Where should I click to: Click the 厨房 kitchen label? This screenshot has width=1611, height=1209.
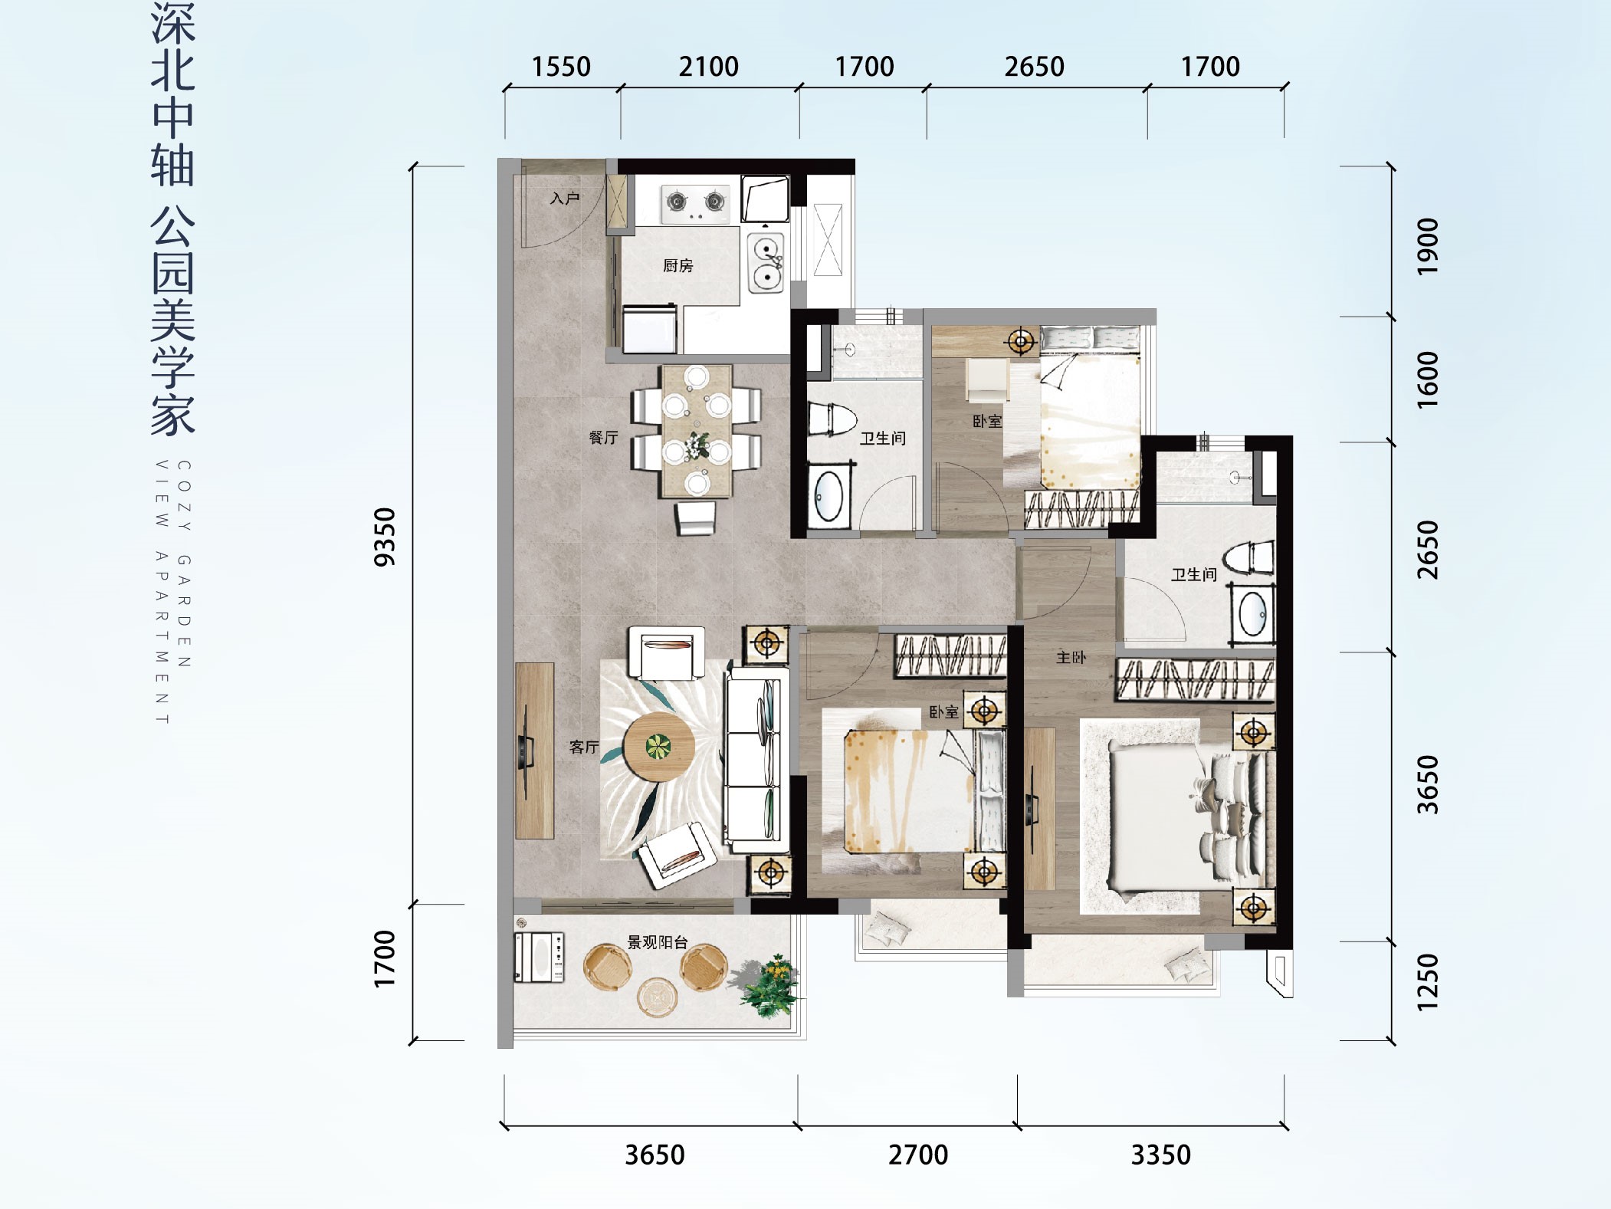(x=678, y=265)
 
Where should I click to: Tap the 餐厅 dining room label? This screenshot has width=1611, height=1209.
(x=603, y=437)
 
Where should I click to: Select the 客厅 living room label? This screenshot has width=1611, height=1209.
(x=584, y=747)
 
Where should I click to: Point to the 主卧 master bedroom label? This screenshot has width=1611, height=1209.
(x=1071, y=657)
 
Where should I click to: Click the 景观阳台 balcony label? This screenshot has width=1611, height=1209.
(x=658, y=942)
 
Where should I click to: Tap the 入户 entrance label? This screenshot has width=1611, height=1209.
(x=565, y=199)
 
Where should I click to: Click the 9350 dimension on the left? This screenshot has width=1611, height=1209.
(x=385, y=537)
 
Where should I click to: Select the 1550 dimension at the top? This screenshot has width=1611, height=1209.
(x=561, y=67)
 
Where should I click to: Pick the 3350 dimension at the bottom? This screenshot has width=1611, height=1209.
(x=1160, y=1155)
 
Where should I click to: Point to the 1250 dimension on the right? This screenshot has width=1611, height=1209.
(x=1428, y=982)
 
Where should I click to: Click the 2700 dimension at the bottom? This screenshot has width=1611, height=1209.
(x=918, y=1155)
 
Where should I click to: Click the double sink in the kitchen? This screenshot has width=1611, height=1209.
(x=766, y=261)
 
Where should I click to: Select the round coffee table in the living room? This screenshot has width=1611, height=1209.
(x=658, y=747)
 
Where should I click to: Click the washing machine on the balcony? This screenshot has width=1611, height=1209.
(x=539, y=958)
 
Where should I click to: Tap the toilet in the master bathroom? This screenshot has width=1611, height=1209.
(x=1249, y=557)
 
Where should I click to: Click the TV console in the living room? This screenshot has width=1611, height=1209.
(x=534, y=751)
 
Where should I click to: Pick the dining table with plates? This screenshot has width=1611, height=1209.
(x=697, y=430)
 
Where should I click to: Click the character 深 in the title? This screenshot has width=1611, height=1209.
(x=173, y=23)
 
